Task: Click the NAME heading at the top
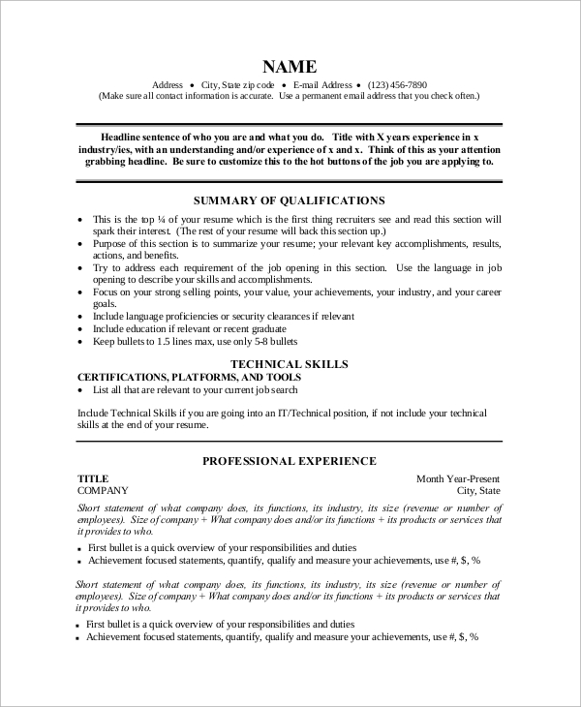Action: [290, 67]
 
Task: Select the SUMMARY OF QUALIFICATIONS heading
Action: [290, 200]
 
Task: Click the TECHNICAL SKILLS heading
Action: [290, 363]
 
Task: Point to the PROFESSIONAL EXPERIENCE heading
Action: [290, 461]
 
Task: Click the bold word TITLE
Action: [93, 478]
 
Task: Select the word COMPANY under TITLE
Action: [103, 491]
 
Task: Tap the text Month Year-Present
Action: [458, 478]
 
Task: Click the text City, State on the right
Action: [478, 491]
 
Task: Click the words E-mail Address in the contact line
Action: [322, 85]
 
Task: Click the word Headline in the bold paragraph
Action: [125, 138]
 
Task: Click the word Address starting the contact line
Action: [168, 85]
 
